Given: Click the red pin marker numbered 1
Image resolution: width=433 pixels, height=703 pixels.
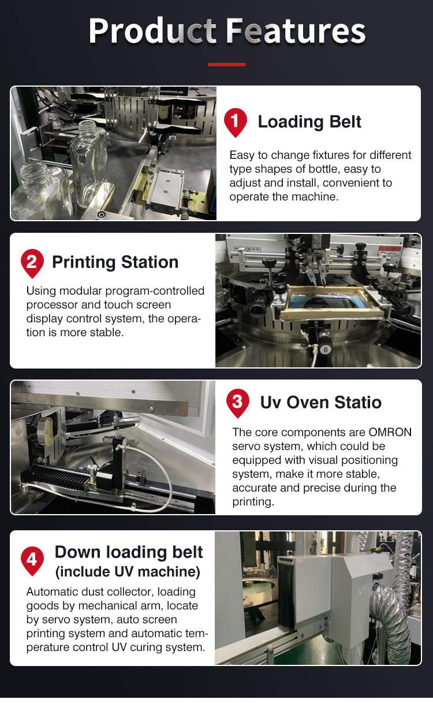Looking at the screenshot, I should click(x=235, y=121).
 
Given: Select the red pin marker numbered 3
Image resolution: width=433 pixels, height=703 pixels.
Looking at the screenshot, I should click(x=237, y=402).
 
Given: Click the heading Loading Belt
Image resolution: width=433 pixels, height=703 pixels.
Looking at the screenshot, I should click(x=309, y=122).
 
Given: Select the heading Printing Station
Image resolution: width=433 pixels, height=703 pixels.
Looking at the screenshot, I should click(x=115, y=262).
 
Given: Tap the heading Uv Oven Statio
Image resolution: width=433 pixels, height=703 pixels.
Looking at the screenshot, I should click(x=320, y=402).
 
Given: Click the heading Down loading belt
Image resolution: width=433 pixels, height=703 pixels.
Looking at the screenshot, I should click(x=129, y=552).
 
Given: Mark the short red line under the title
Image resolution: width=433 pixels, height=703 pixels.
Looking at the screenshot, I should click(x=227, y=65).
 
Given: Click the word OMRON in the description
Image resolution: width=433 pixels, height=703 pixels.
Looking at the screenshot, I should click(x=390, y=433).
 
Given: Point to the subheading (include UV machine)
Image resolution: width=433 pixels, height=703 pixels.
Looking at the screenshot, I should click(x=128, y=572).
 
